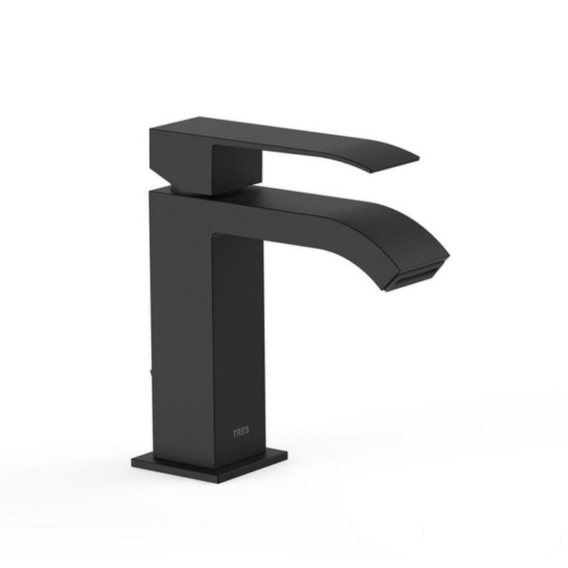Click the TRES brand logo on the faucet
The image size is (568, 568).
point(241,432)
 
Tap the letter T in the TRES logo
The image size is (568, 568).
point(234,432)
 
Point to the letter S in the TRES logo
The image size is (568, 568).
point(247,432)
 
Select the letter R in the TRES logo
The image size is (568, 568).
point(239,432)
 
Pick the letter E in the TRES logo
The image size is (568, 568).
point(243,432)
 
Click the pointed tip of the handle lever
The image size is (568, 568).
point(419,158)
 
